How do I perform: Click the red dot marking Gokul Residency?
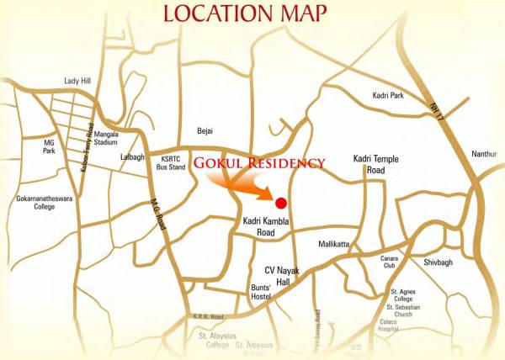click(281, 202)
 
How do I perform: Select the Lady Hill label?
click(77, 82)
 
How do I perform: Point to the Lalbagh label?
click(131, 157)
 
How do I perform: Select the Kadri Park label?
click(388, 96)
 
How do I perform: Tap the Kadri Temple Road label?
click(375, 164)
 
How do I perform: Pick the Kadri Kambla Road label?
click(265, 226)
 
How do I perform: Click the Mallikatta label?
click(333, 244)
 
